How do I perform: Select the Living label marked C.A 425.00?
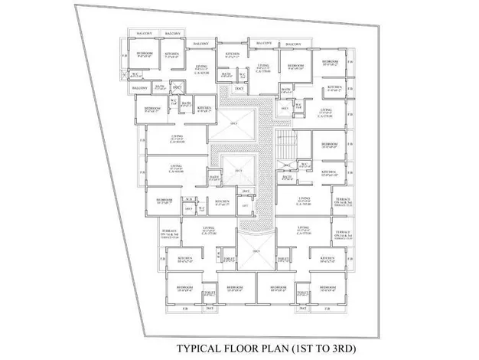tap(202, 70)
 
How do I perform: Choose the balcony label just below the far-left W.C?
tap(139, 88)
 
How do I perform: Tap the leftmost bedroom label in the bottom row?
tap(184, 290)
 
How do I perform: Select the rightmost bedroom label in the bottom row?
tap(328, 290)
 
